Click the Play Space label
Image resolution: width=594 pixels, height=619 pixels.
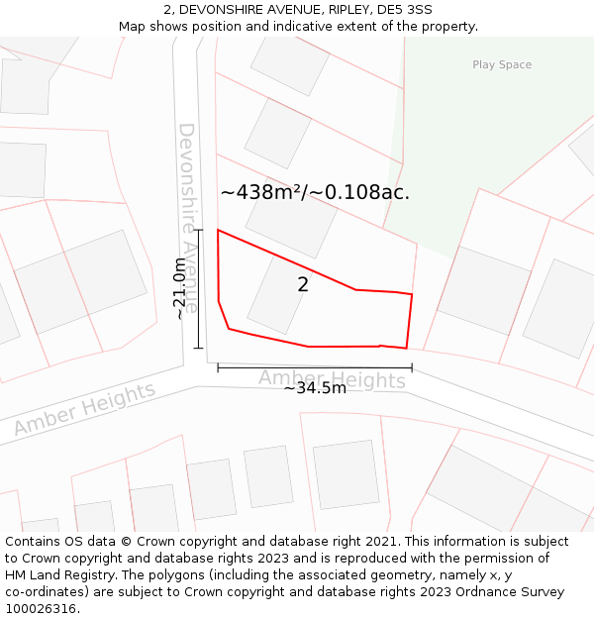[502, 65]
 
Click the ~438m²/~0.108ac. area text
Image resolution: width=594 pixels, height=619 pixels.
[315, 192]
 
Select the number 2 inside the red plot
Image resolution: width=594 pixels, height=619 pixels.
[303, 285]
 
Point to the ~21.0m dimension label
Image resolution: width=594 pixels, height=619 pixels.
[179, 288]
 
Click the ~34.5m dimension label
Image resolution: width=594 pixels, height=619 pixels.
[315, 388]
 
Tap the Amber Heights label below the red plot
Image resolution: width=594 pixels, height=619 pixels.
[332, 378]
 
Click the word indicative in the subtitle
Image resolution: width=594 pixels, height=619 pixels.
[334, 27]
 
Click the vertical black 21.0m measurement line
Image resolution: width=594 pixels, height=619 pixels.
[199, 289]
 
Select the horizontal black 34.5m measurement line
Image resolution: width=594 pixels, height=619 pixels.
[315, 368]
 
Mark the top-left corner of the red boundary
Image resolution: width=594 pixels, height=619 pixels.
[218, 231]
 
